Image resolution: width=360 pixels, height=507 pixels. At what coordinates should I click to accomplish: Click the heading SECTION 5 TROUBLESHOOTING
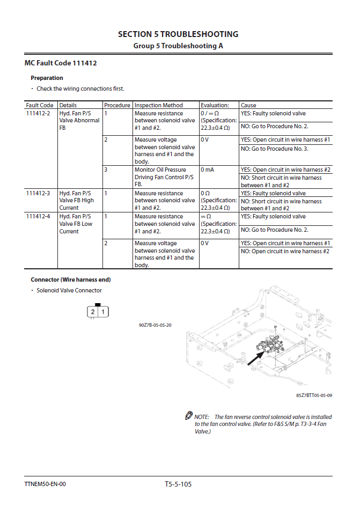178,34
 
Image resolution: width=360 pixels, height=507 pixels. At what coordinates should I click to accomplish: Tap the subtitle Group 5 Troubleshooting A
178,46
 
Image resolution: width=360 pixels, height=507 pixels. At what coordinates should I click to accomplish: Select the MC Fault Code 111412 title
61,63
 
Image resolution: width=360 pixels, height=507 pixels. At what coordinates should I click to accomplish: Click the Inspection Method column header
158,105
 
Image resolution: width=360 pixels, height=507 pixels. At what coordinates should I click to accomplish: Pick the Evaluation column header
215,105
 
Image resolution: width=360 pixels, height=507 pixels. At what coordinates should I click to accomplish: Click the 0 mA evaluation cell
208,170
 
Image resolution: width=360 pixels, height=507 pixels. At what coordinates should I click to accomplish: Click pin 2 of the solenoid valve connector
93,312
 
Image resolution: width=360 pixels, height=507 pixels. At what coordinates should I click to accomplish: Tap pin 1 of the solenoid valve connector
102,312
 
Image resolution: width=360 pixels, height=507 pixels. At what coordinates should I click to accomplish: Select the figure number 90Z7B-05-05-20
155,325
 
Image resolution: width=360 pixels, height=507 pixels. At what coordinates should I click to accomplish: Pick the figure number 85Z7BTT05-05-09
314,395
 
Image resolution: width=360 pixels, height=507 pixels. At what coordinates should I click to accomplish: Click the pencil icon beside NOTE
188,416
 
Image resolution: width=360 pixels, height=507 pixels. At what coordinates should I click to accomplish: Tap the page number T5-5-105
178,484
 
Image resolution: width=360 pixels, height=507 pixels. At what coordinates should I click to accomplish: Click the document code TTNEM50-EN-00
45,484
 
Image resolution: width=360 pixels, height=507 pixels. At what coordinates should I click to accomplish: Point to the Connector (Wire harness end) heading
71,280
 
